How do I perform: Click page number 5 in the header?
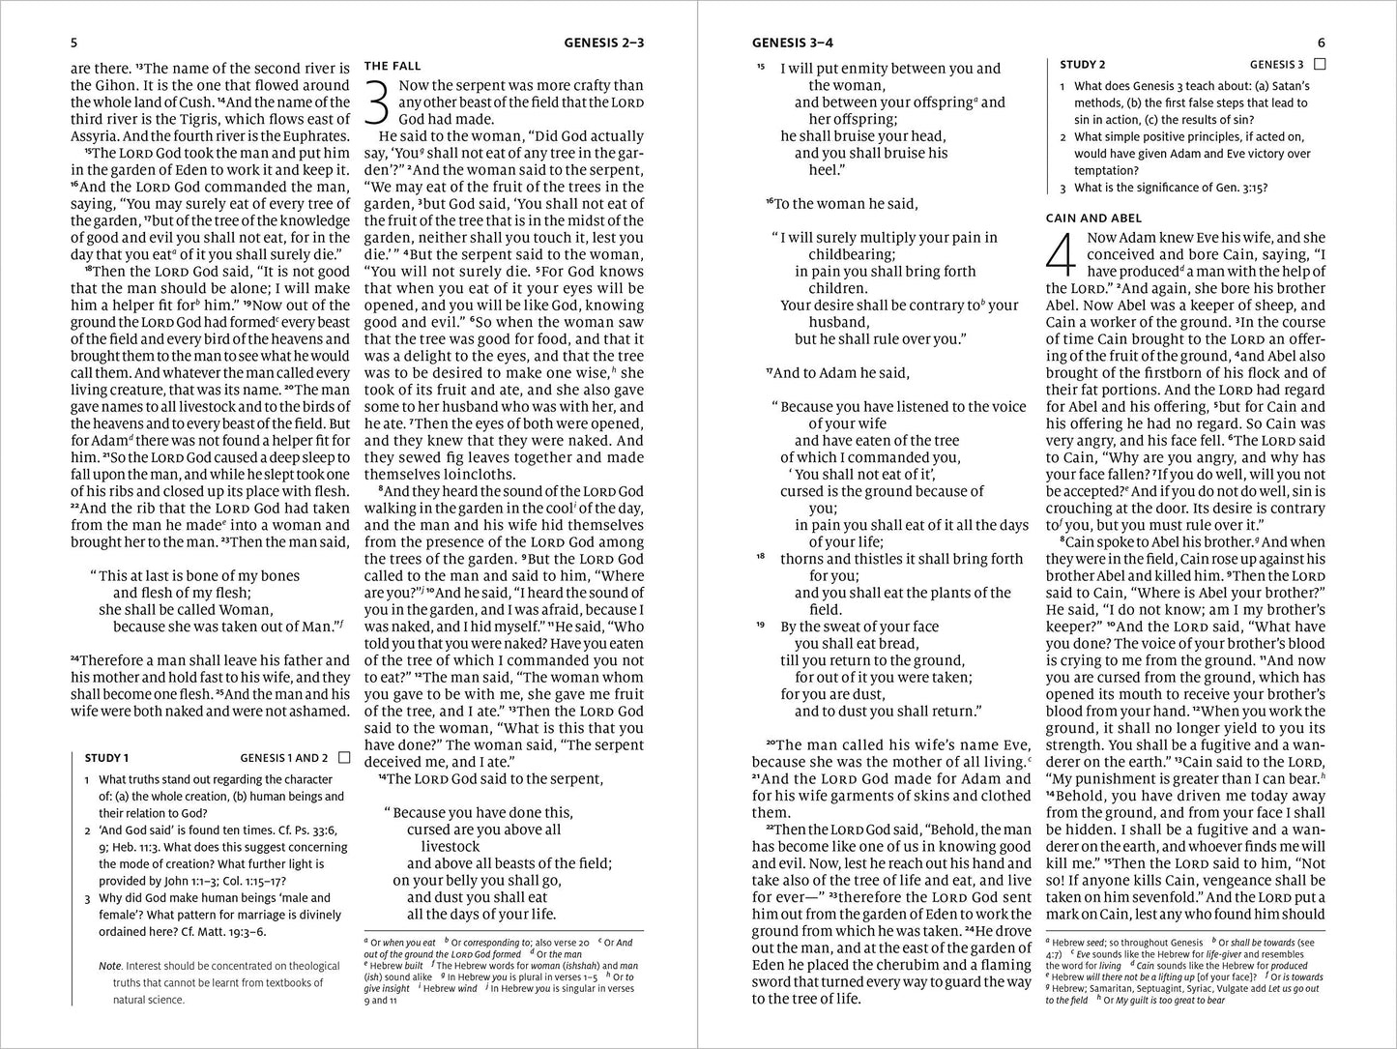pyautogui.click(x=74, y=43)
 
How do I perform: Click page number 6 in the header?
pyautogui.click(x=1322, y=43)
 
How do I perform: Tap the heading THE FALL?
pyautogui.click(x=392, y=66)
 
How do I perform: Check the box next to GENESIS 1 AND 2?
pyautogui.click(x=344, y=758)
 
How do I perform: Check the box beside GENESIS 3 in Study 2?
pyautogui.click(x=1321, y=64)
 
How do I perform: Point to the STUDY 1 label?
pyautogui.click(x=106, y=758)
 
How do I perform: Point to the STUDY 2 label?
pyautogui.click(x=1083, y=65)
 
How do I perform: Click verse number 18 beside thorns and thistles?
pyautogui.click(x=761, y=558)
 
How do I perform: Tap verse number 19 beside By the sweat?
pyautogui.click(x=761, y=626)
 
